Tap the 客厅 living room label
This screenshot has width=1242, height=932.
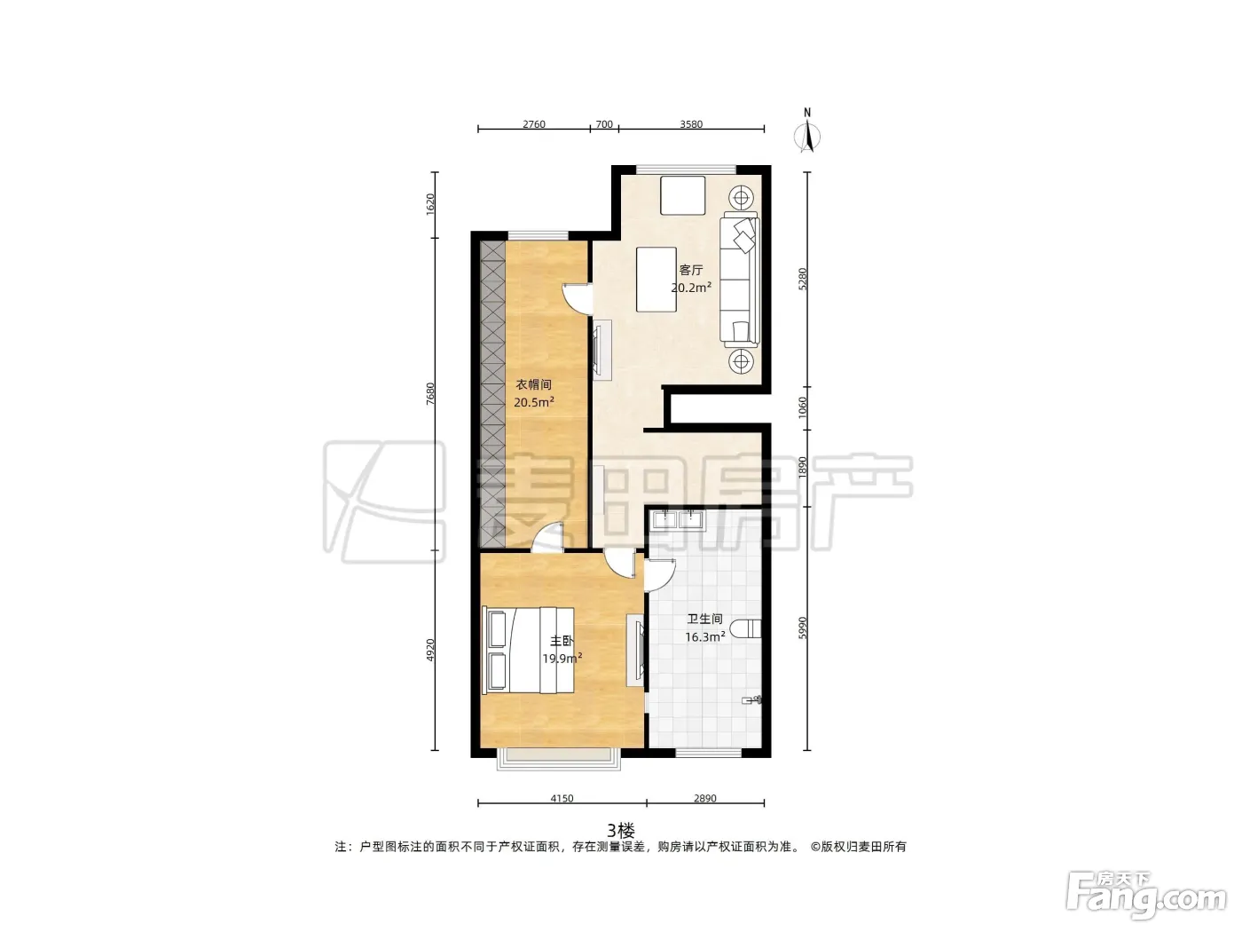691,270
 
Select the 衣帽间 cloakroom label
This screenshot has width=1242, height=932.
533,385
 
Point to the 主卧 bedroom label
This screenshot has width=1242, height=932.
562,641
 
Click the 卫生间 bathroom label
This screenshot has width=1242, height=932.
704,619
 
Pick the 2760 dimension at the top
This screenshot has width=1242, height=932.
533,124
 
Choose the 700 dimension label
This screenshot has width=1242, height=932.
604,124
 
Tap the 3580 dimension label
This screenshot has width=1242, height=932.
691,124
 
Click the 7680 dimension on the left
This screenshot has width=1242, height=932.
430,393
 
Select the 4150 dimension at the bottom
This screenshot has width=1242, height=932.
562,799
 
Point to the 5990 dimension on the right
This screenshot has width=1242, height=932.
802,628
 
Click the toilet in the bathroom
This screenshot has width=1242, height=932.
745,628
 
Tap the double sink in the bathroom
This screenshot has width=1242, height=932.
677,519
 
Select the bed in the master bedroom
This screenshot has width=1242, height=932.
528,651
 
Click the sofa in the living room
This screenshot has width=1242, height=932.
740,280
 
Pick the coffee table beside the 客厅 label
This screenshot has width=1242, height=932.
656,279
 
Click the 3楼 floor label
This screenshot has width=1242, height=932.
621,831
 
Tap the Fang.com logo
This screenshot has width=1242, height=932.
1146,896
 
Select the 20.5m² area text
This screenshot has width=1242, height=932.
533,402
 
